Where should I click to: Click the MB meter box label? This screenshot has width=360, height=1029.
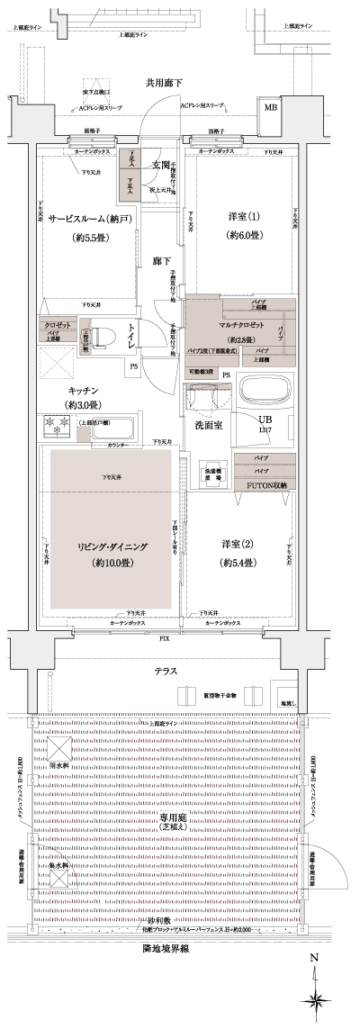[x=270, y=108]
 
